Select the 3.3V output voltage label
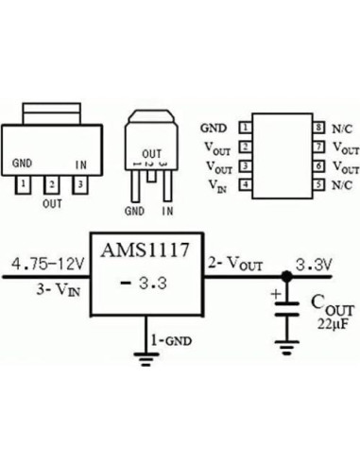pyautogui.click(x=314, y=264)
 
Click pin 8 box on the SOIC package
pyautogui.click(x=319, y=127)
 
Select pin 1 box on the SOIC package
pyautogui.click(x=245, y=127)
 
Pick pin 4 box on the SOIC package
pyautogui.click(x=245, y=185)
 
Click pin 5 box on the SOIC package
pyautogui.click(x=319, y=185)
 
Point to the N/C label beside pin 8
pyautogui.click(x=342, y=127)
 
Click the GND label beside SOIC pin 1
pyautogui.click(x=213, y=127)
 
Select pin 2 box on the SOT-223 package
pyautogui.click(x=53, y=184)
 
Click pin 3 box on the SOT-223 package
pyautogui.click(x=81, y=184)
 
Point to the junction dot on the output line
pyautogui.click(x=286, y=278)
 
